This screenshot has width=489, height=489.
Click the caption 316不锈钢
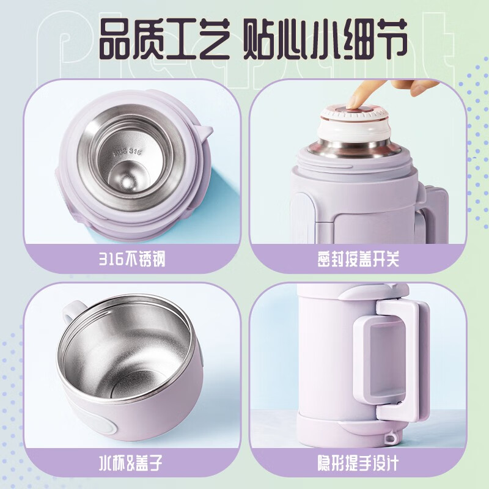132,259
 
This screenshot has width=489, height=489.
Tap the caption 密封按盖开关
358,259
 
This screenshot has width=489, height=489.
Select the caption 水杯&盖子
131,463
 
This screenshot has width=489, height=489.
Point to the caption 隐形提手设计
358,463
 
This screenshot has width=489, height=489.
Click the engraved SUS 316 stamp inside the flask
128,152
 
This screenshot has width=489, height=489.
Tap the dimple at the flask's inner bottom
127,180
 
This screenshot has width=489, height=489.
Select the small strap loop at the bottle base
390,438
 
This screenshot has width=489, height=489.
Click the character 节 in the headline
389,39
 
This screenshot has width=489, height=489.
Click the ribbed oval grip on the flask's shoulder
300,218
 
